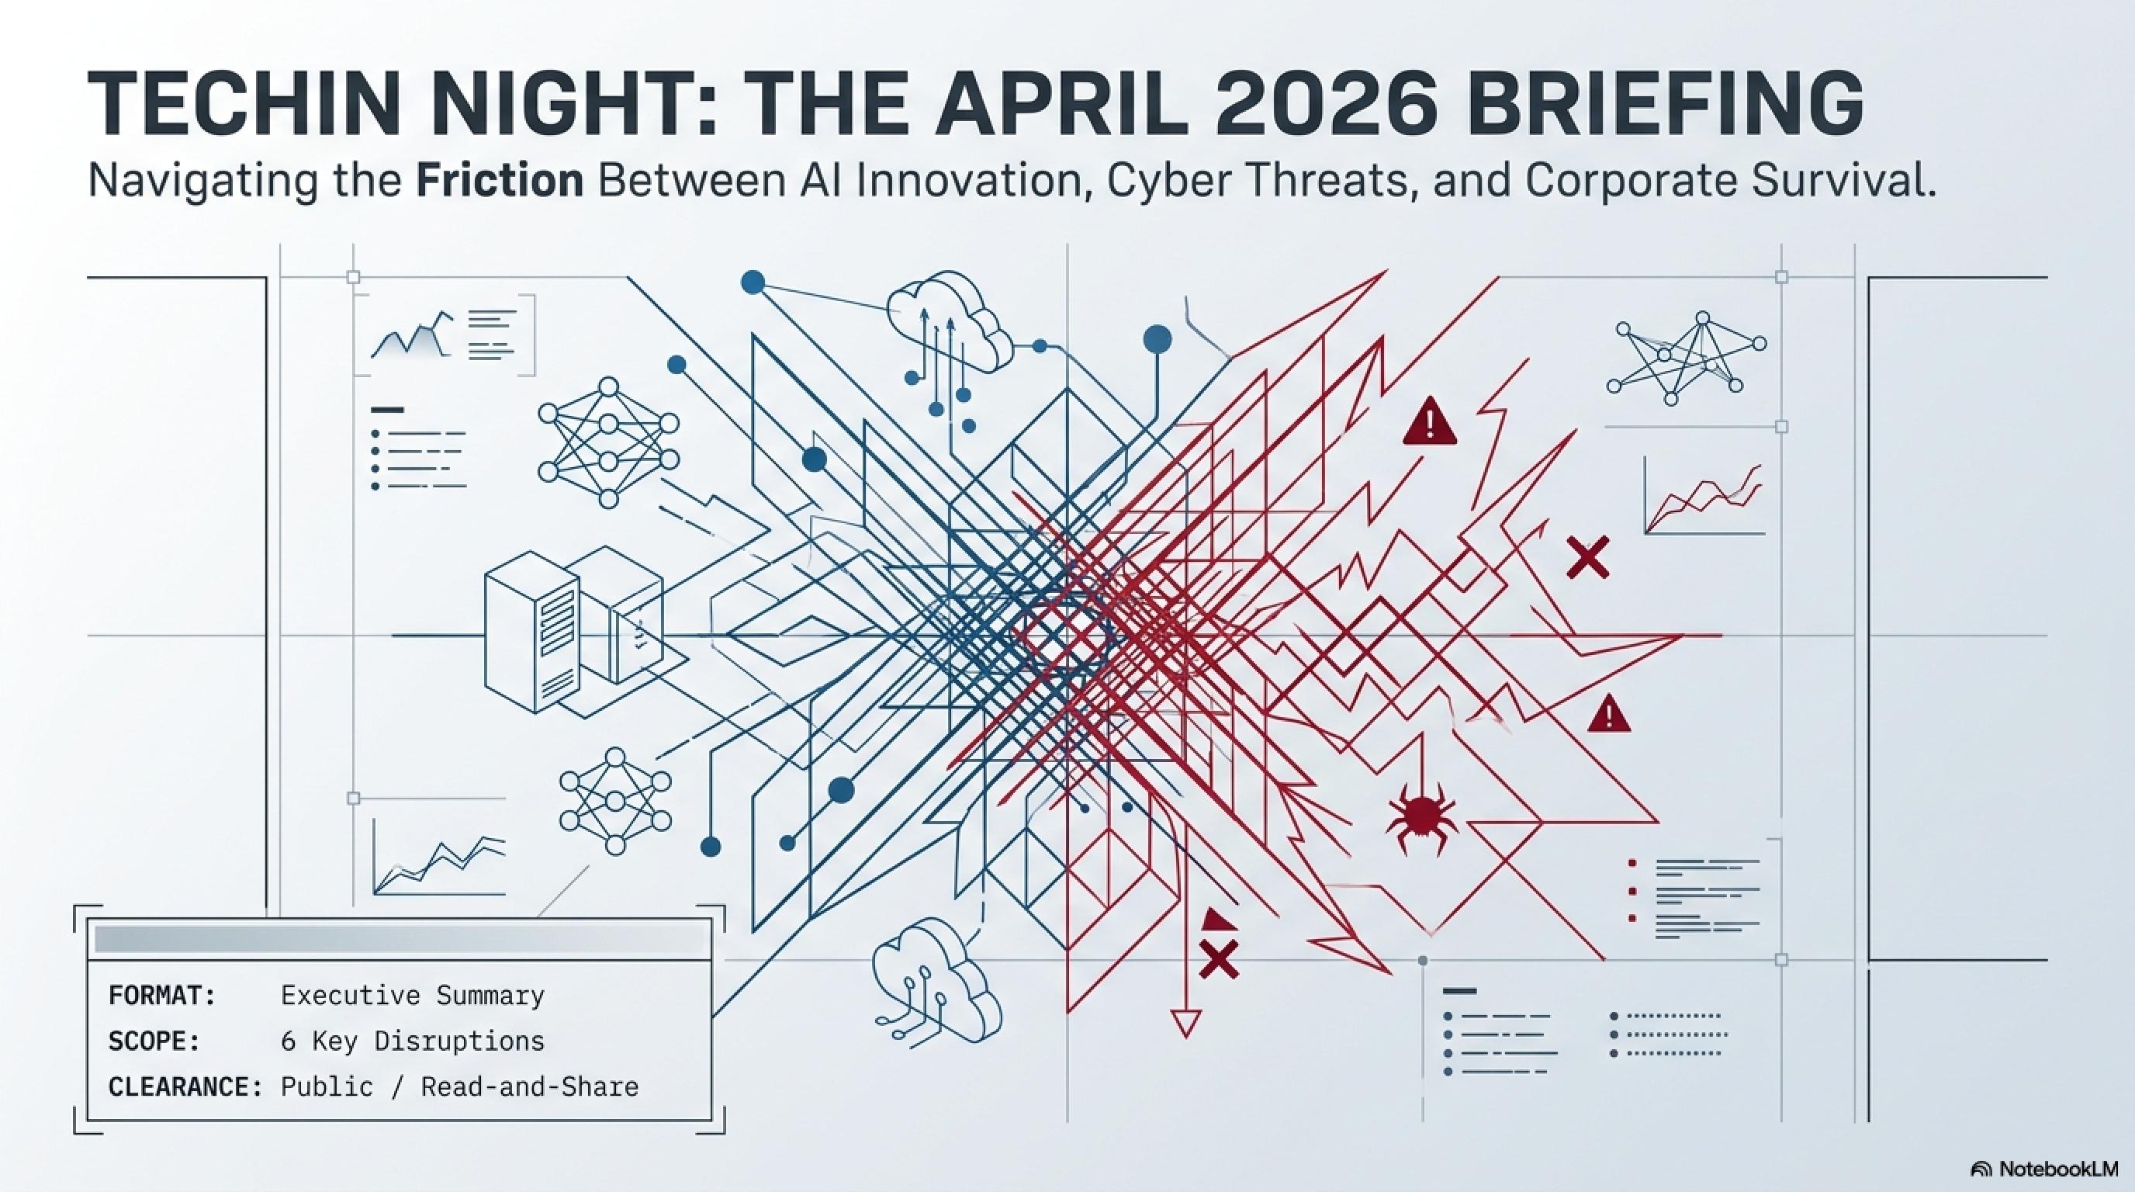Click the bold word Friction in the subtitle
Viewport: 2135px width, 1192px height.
[500, 181]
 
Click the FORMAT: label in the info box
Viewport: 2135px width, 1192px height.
[162, 995]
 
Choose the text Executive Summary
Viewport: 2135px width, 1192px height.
[413, 995]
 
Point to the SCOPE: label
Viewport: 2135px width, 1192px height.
[154, 1041]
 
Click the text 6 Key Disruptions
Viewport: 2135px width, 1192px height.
[413, 1041]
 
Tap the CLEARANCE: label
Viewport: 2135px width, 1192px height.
[185, 1086]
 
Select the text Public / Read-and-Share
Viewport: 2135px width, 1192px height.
[460, 1086]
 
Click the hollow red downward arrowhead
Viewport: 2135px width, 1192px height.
[1186, 1024]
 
